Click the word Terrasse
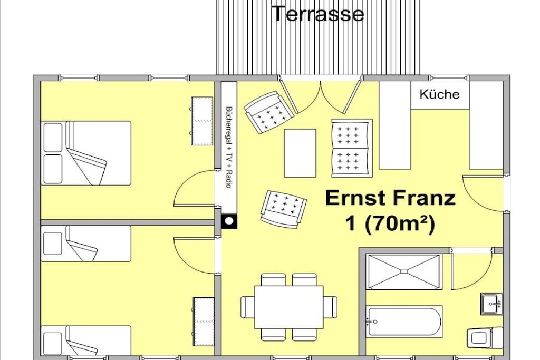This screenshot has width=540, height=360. [318, 14]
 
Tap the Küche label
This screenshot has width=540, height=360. [439, 94]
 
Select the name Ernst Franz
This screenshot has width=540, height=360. [391, 198]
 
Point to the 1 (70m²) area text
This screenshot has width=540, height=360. [391, 225]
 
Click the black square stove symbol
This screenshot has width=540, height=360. [229, 221]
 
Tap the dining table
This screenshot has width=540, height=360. [289, 307]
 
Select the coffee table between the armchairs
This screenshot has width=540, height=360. [300, 153]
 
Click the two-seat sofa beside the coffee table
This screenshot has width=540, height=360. [352, 148]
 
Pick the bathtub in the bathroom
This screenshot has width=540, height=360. [404, 322]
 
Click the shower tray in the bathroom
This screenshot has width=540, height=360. [404, 272]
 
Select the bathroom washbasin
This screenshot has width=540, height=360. [492, 304]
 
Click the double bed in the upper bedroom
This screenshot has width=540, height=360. [86, 153]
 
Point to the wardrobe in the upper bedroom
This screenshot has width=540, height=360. [202, 121]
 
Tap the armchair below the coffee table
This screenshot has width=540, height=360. [283, 209]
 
